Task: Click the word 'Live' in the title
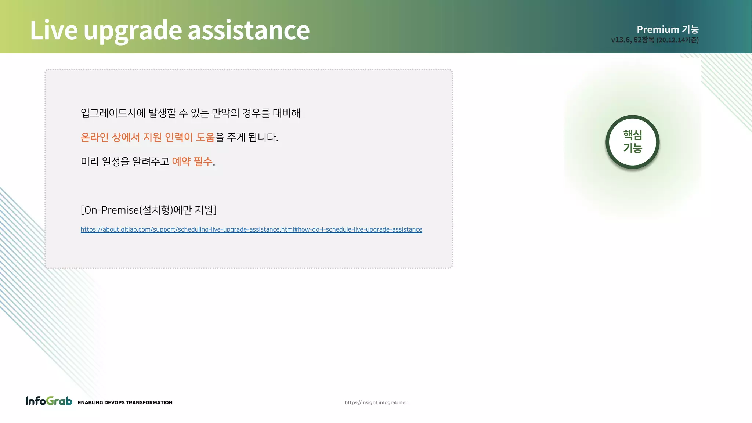(x=54, y=30)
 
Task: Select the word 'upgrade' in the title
(x=133, y=31)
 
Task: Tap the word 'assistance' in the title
(x=249, y=30)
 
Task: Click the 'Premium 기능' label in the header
(x=667, y=29)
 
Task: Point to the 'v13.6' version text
(x=621, y=40)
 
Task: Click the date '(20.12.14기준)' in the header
(x=677, y=40)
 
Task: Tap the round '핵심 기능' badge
(x=632, y=142)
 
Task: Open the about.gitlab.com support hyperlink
(x=251, y=229)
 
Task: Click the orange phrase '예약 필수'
(x=192, y=161)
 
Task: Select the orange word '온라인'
(x=94, y=137)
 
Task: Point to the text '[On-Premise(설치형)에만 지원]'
(x=148, y=210)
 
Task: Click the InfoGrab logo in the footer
(x=49, y=401)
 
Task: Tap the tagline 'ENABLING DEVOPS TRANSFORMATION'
(x=125, y=402)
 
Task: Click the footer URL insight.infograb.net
(x=376, y=402)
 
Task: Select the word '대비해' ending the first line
(x=286, y=113)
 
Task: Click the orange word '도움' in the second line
(x=205, y=137)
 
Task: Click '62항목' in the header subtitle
(x=644, y=40)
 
